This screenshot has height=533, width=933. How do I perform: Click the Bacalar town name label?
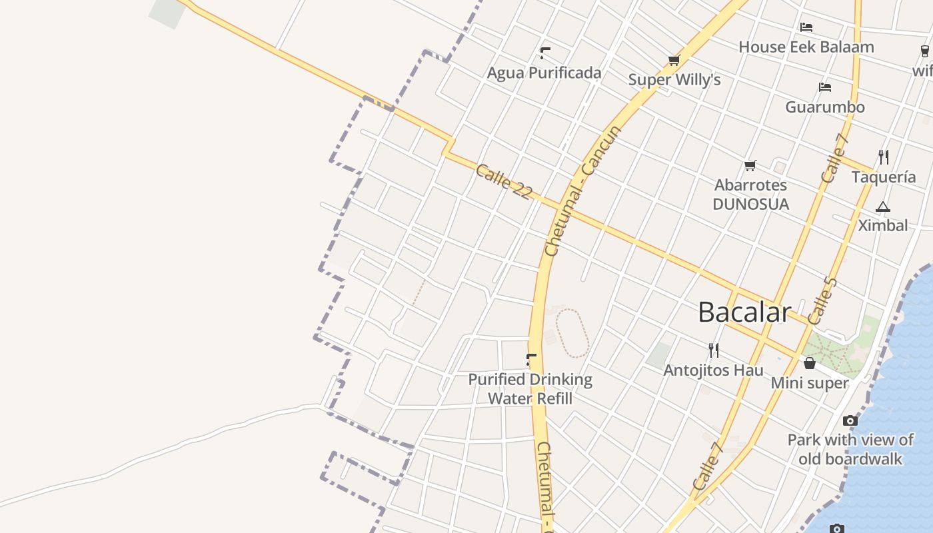pos(744,312)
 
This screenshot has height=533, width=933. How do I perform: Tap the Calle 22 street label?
pos(504,181)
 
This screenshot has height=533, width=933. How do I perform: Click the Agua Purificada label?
pos(544,73)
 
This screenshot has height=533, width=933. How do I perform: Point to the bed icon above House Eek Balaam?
pos(806,27)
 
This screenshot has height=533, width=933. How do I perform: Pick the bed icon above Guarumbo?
pos(825,87)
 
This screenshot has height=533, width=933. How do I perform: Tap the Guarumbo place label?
pos(825,107)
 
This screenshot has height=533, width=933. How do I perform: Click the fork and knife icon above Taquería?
pos(884,157)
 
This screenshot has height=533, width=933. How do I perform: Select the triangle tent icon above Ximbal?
pos(883,207)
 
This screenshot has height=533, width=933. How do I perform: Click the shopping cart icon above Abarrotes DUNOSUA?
pos(750,165)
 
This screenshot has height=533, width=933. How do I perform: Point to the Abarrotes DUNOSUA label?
pos(750,195)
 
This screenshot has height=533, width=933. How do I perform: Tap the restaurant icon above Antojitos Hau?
pos(714,350)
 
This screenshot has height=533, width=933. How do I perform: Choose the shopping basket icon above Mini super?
pos(810,363)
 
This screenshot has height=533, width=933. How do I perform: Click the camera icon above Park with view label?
pos(850,420)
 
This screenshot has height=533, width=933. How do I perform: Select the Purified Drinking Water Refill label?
pos(530,389)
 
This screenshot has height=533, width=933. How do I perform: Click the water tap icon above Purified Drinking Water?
pos(530,360)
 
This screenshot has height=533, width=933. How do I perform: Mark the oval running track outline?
pos(572,332)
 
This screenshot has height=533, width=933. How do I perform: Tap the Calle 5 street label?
pos(822,300)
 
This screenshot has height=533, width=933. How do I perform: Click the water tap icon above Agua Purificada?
pos(544,53)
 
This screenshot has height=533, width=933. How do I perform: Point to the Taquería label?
pos(884,177)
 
